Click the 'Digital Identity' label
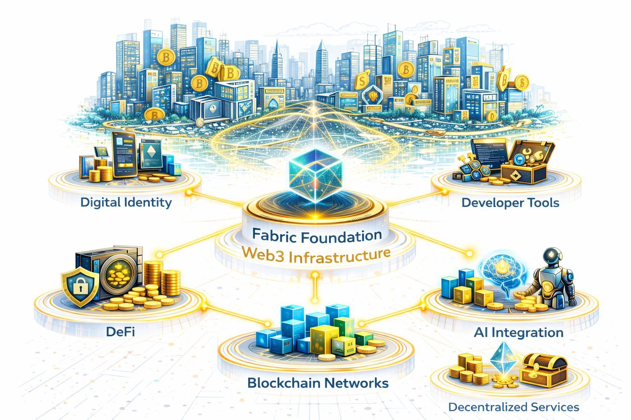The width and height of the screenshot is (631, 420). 126,202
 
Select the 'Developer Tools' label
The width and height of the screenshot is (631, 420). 510,203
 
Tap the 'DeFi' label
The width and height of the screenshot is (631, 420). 120,331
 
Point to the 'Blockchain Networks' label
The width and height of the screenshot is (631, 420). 318,383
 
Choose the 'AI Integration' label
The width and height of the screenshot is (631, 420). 518,332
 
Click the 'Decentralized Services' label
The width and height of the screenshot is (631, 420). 514,407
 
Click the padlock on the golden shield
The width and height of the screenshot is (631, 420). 79,287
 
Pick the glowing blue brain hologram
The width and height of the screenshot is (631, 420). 502,271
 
